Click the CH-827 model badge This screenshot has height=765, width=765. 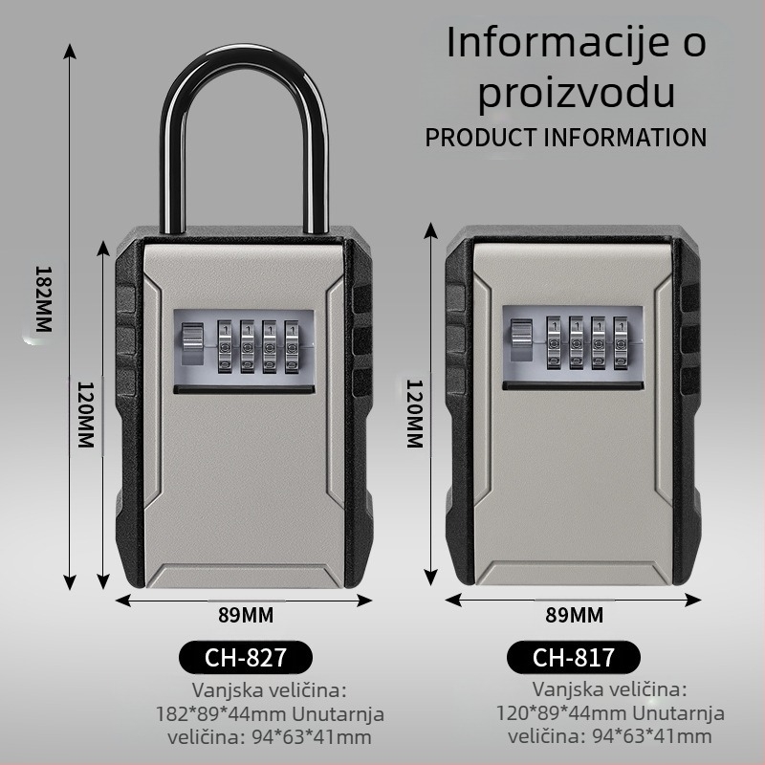pos(246,657)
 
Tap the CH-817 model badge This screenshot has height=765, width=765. pos(573,657)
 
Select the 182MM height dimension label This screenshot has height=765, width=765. pos(43,298)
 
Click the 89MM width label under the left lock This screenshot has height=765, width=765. pos(246,615)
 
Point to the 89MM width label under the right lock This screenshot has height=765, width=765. pos(575,615)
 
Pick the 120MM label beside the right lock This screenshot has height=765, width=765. pos(415,414)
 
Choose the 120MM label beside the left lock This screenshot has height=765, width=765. pos(85,415)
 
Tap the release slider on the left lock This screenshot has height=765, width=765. pos(192,343)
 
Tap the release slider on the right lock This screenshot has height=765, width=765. pos(521,339)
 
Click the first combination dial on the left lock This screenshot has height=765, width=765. pos(225,346)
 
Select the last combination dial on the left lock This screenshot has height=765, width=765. pos(292,346)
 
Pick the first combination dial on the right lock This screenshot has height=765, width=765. pos(554,342)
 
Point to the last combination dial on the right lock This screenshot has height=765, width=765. pos(621,342)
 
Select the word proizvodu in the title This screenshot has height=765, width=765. pos(577,93)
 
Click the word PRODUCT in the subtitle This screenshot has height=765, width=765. pos(481,137)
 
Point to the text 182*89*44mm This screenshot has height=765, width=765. pos(221,713)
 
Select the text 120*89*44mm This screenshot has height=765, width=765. pos(561,712)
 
